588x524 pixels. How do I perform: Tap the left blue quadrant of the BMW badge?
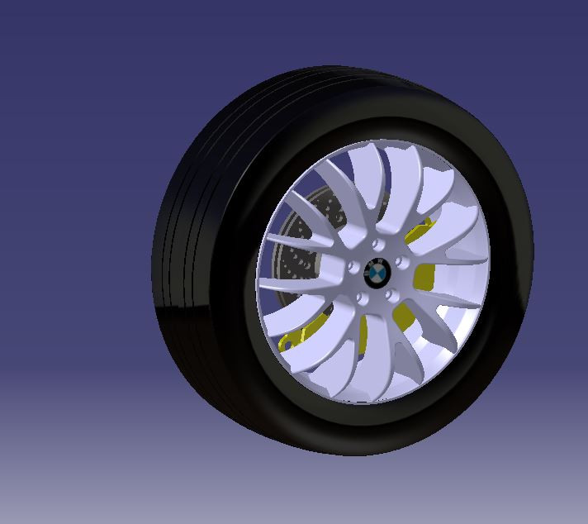(372, 269)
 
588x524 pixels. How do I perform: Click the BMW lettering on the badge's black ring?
(369, 262)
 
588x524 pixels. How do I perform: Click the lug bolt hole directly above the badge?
(377, 245)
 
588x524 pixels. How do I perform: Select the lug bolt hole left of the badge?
(353, 267)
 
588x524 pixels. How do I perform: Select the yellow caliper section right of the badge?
(424, 277)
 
